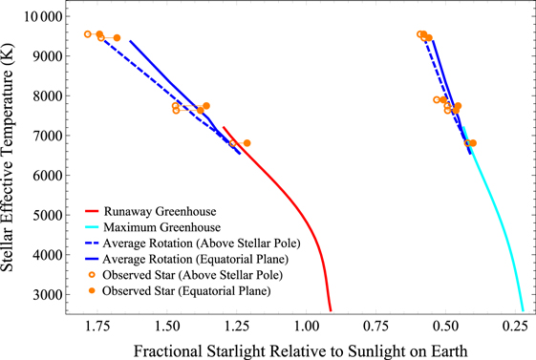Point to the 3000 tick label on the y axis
point(48,294)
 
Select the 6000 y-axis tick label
point(48,175)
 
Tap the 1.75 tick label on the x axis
point(97,327)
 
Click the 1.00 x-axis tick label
point(307,327)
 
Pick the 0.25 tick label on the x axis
point(516,327)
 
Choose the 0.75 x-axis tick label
point(376,327)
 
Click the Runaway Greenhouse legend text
point(160,211)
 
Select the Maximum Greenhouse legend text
point(162,227)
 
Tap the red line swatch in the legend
point(92,211)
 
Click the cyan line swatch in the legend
point(92,227)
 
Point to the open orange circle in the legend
point(92,275)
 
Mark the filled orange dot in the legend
point(92,290)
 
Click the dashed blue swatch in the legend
point(92,244)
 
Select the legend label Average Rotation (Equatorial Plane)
point(196,259)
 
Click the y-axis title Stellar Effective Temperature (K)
point(7,158)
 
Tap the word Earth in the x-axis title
point(449,350)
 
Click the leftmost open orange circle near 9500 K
point(88,34)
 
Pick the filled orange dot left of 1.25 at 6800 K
point(247,143)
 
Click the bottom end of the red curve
point(331,310)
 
